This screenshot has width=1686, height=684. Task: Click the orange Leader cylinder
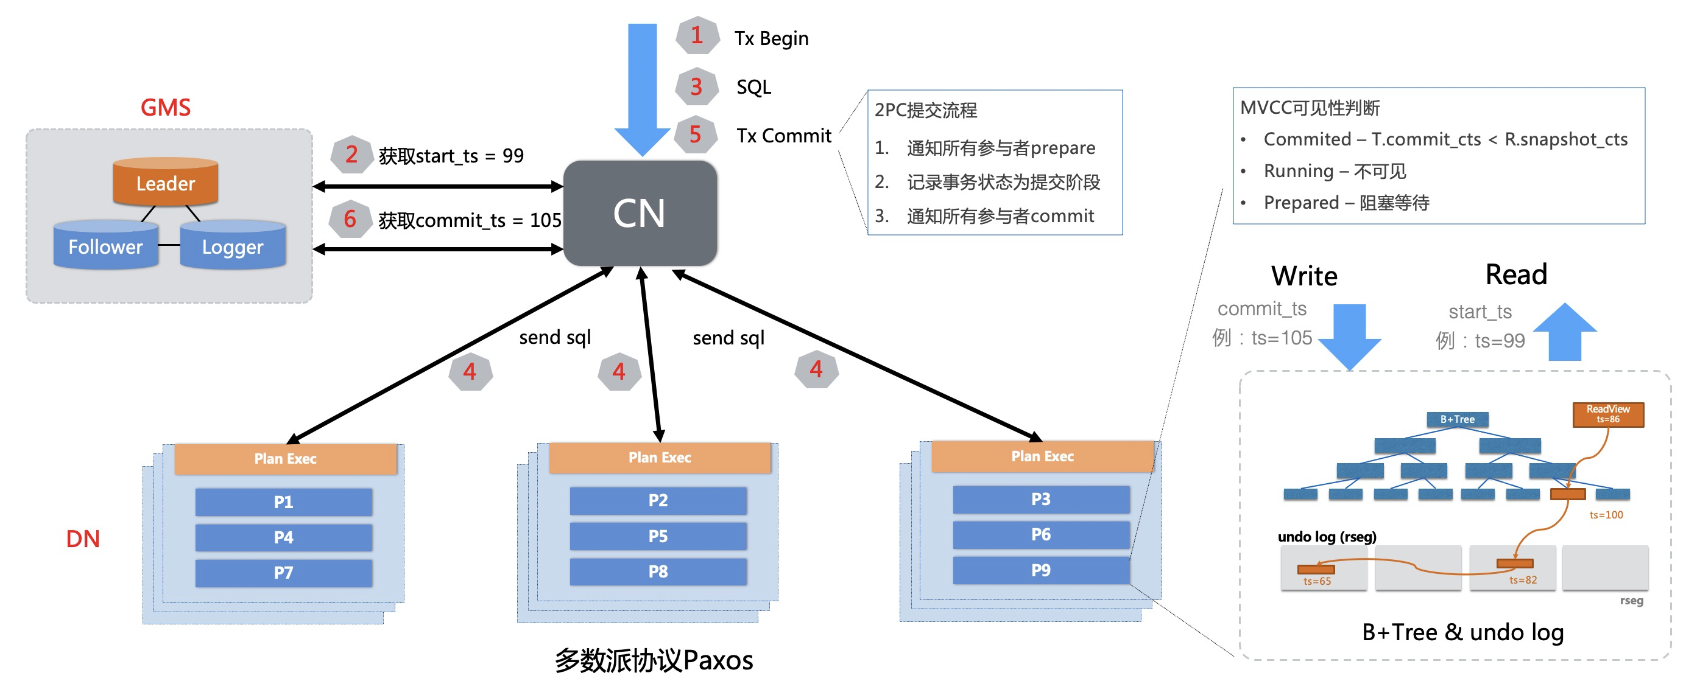(x=166, y=181)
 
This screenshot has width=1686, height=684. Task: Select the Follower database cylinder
(x=106, y=245)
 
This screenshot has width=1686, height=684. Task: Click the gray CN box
(x=640, y=213)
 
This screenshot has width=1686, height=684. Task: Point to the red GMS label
(x=166, y=107)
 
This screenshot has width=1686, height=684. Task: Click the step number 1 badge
(x=697, y=35)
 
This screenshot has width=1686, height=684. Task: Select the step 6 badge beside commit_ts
(x=351, y=219)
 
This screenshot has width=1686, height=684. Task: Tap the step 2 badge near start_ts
(x=352, y=155)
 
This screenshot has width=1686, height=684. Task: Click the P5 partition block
(x=658, y=536)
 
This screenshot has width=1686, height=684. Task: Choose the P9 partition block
(x=1042, y=570)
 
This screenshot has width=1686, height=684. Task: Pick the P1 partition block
(x=284, y=502)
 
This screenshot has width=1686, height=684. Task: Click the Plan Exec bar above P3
(x=1043, y=456)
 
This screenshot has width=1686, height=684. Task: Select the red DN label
(x=83, y=539)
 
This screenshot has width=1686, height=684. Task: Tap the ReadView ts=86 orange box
(x=1608, y=414)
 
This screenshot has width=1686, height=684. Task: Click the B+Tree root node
(x=1458, y=419)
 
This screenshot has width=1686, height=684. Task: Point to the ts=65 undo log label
(x=1317, y=581)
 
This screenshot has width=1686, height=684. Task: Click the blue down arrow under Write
(x=1350, y=337)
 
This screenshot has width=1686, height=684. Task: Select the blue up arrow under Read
(x=1565, y=331)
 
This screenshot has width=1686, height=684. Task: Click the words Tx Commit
(x=784, y=135)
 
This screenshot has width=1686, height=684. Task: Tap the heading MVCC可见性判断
(x=1310, y=108)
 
